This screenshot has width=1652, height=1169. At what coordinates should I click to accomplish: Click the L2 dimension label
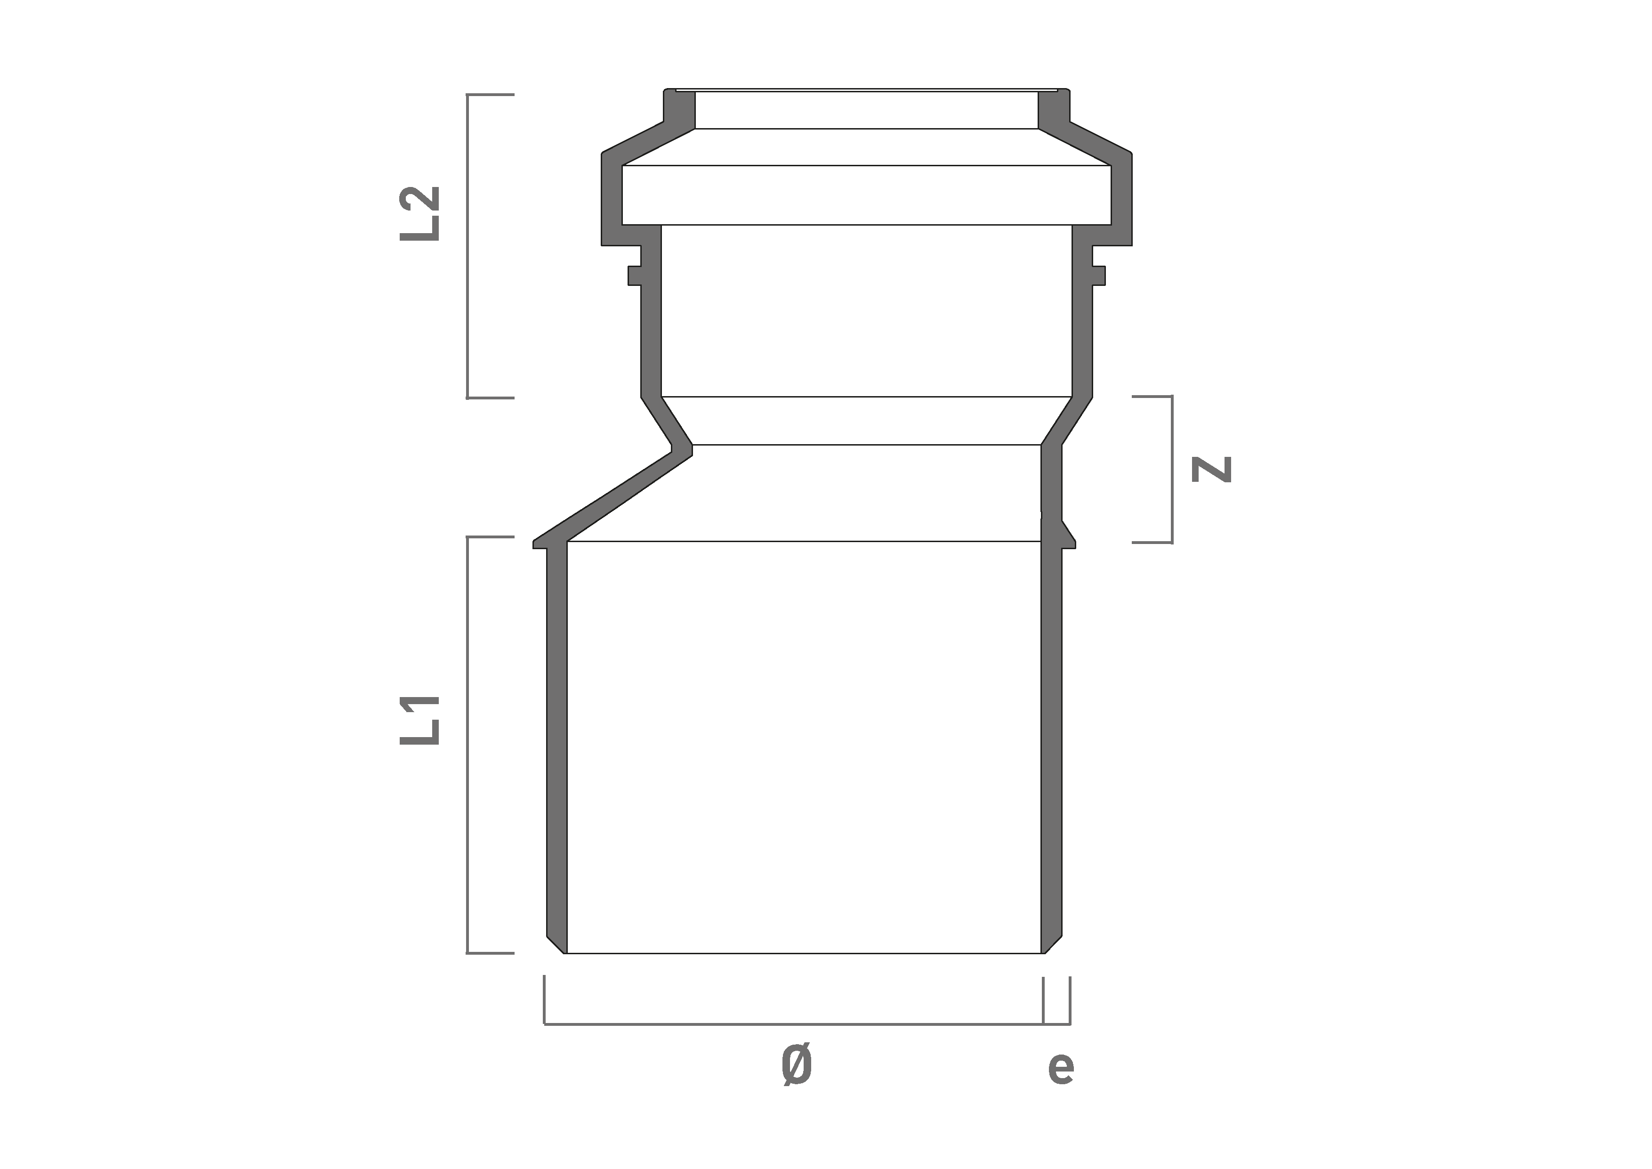click(420, 214)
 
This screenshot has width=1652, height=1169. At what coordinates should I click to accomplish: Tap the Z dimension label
click(1212, 469)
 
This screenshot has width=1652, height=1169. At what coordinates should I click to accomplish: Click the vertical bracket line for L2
click(467, 245)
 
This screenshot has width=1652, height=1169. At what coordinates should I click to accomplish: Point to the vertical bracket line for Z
click(1172, 469)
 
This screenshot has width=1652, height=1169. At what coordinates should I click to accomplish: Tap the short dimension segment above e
click(1057, 1023)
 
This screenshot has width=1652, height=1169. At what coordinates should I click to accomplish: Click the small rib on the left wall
click(634, 276)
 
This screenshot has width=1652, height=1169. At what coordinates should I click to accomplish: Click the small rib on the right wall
click(1099, 276)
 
